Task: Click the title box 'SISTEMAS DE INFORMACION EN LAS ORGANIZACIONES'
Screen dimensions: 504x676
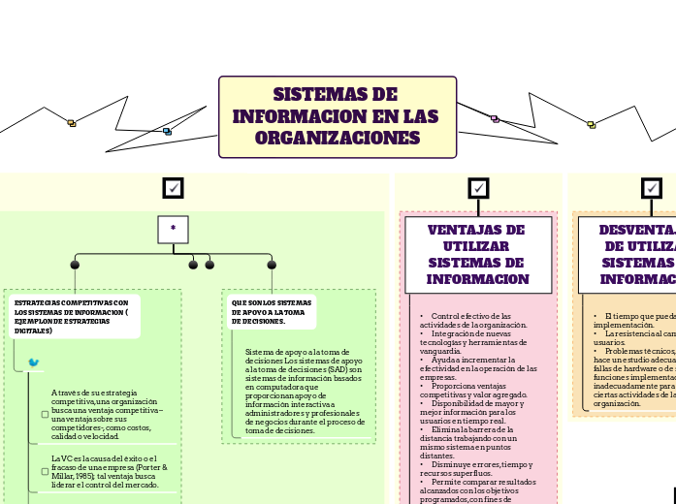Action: click(x=338, y=116)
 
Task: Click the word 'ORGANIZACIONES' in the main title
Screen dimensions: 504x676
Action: click(x=338, y=139)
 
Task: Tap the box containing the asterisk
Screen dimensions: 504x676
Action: click(x=173, y=229)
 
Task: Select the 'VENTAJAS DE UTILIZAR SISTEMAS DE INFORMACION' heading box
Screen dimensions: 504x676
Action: click(x=478, y=254)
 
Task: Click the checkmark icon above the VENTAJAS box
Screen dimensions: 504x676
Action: click(x=478, y=187)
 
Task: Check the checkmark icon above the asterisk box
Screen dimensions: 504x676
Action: click(x=174, y=187)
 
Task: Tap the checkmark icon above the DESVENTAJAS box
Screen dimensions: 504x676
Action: click(x=652, y=187)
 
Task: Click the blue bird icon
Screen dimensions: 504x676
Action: click(x=34, y=362)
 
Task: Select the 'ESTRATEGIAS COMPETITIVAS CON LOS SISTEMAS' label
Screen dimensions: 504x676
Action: click(x=72, y=317)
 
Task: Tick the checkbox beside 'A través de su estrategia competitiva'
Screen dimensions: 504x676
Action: click(x=45, y=414)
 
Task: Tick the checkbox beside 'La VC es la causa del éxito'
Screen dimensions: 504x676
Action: click(x=45, y=471)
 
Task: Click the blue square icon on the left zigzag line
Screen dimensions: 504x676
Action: click(x=167, y=131)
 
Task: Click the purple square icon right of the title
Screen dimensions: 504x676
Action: click(x=495, y=119)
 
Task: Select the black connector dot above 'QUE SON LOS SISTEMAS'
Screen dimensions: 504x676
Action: click(x=272, y=265)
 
